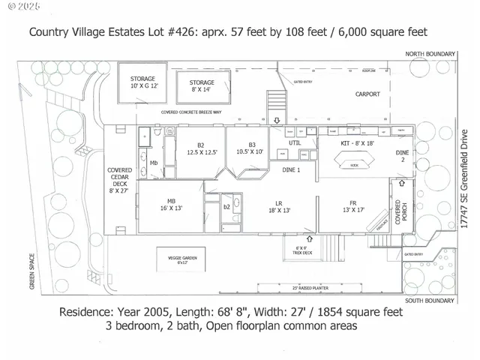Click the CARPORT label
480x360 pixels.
pyautogui.click(x=367, y=94)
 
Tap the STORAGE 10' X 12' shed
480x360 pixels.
pyautogui.click(x=142, y=82)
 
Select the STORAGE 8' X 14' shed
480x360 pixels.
pyautogui.click(x=202, y=86)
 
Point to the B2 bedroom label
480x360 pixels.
pyautogui.click(x=201, y=149)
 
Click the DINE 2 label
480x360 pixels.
pyautogui.click(x=403, y=156)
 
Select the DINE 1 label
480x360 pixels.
pyautogui.click(x=290, y=169)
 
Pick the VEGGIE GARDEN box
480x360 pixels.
pyautogui.click(x=182, y=261)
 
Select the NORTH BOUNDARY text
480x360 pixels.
pyautogui.click(x=431, y=55)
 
